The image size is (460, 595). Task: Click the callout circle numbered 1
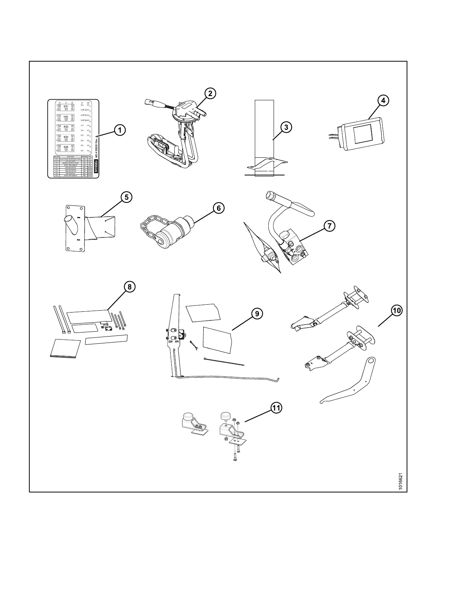tap(120, 130)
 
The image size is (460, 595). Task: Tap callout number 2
tap(210, 93)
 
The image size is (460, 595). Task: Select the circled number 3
tap(286, 127)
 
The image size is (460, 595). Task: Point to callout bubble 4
tap(383, 101)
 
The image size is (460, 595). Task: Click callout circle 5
tap(126, 197)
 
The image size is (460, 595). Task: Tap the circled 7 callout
tap(329, 226)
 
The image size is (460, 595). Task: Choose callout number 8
tap(129, 287)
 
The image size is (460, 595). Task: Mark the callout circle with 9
tap(257, 314)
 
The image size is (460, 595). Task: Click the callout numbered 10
tap(397, 310)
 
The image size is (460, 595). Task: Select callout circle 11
tap(276, 408)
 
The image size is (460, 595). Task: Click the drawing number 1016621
tap(401, 481)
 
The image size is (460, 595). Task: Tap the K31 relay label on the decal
tap(66, 107)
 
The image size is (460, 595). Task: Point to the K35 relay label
tap(66, 147)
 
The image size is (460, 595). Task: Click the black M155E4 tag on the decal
tap(96, 166)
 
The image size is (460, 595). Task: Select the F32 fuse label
tap(85, 110)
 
